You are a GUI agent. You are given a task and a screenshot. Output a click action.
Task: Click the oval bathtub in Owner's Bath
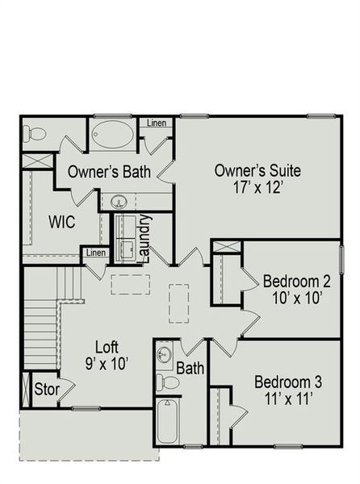click(113, 135)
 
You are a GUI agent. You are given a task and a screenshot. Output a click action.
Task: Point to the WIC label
click(62, 222)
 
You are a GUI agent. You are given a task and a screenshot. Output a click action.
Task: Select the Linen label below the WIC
click(95, 253)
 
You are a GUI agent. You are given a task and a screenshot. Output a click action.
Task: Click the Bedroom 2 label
click(297, 282)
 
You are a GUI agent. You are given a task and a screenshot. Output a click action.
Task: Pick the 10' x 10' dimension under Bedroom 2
click(297, 298)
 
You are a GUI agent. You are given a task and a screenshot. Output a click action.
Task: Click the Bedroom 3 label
click(283, 382)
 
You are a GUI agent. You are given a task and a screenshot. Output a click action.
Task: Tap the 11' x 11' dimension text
click(283, 398)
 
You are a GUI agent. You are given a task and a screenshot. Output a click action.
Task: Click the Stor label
click(46, 390)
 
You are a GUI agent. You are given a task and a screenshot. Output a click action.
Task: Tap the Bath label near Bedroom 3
click(190, 369)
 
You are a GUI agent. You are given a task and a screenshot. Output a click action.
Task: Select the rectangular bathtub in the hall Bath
click(167, 421)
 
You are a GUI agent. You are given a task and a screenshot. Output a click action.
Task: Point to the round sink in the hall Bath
click(165, 354)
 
